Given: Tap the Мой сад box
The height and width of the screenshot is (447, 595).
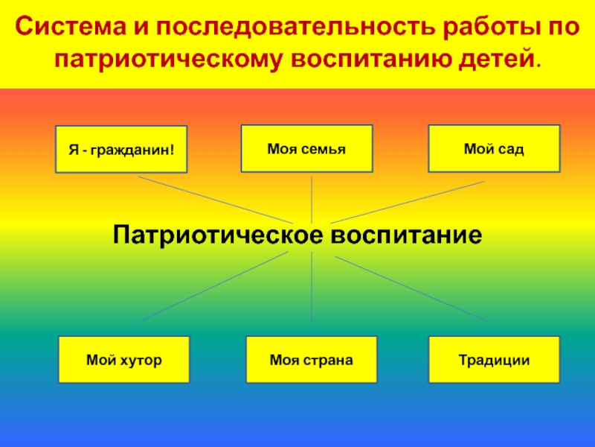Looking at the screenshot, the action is click(x=494, y=149).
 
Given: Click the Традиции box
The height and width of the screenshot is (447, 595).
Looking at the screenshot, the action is click(x=494, y=361).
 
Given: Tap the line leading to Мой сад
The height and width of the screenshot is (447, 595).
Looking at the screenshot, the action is click(x=409, y=200).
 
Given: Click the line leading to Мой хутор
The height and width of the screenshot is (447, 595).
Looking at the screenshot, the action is click(x=216, y=286).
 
